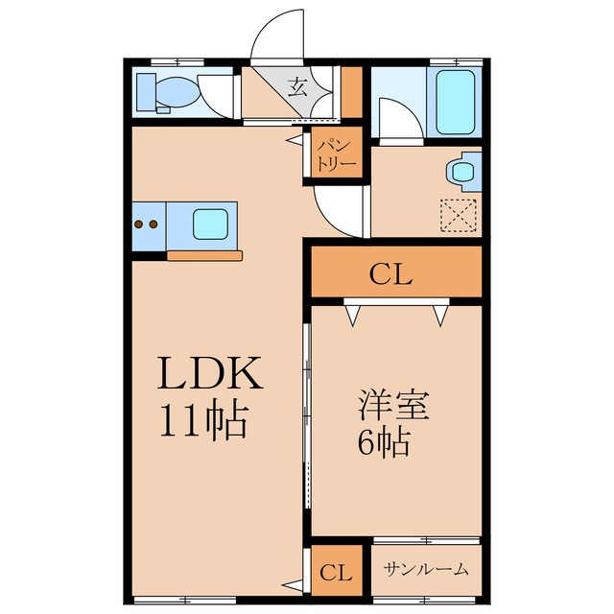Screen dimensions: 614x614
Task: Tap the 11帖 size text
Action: (x=203, y=419)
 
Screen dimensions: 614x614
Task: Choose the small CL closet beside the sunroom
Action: (x=335, y=574)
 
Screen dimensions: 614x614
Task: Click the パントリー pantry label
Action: (x=337, y=156)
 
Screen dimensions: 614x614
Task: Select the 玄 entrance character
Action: (x=296, y=89)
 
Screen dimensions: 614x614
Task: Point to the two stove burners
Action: (x=146, y=224)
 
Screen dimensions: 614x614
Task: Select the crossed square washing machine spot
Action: (x=457, y=215)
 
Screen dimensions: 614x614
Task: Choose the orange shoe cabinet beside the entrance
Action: (x=351, y=91)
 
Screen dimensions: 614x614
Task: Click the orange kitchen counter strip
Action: (x=205, y=255)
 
